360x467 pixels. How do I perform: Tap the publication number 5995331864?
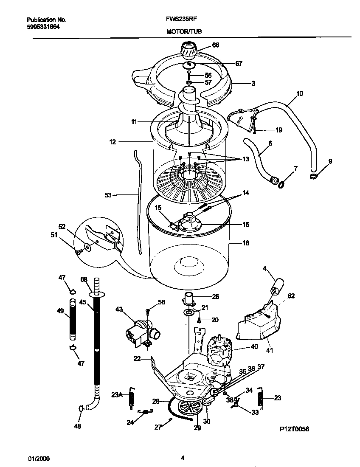43,26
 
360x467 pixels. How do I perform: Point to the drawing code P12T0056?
294,429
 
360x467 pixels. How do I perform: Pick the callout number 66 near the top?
215,45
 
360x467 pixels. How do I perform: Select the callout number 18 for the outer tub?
245,243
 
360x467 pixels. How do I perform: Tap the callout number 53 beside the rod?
108,195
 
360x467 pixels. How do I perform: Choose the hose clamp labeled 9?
314,176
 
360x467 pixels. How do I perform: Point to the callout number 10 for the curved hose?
299,93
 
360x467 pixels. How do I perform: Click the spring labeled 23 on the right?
261,399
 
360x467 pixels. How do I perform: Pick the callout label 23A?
117,395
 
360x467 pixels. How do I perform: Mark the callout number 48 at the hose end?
78,426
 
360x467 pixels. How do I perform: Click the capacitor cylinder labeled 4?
276,288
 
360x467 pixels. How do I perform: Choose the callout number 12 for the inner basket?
112,142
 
